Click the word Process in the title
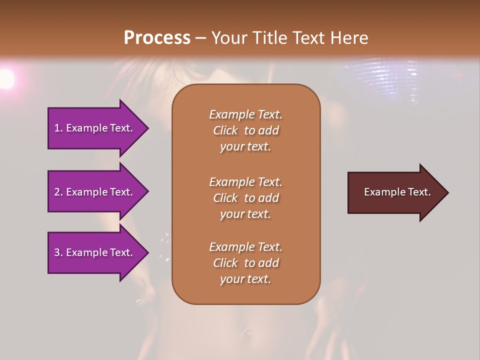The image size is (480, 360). (157, 38)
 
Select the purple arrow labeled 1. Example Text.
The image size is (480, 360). (95, 128)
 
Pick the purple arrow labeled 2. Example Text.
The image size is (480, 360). (95, 192)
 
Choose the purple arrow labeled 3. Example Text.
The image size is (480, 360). (95, 252)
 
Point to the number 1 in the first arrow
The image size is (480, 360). (57, 128)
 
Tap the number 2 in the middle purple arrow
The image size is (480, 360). (57, 192)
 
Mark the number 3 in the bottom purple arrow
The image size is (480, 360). (57, 252)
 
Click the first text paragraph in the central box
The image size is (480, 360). (245, 130)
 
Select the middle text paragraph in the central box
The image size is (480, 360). (245, 198)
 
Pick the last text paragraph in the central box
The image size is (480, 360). (245, 263)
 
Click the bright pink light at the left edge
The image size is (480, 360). (6, 78)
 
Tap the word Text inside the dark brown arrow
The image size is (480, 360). (419, 192)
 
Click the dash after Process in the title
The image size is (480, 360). (200, 38)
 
